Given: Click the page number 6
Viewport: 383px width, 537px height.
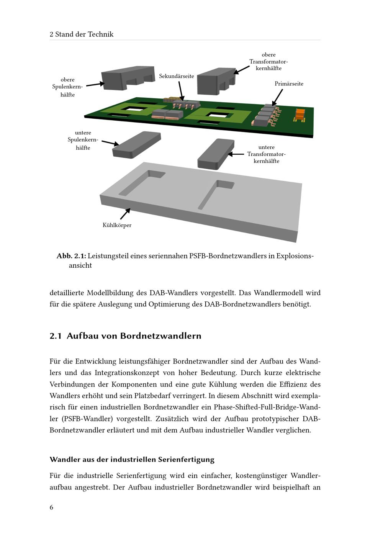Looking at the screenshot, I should [51, 507].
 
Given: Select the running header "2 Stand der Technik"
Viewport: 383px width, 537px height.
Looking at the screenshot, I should [82, 34].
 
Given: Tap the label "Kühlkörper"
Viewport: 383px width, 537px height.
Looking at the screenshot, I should [117, 225].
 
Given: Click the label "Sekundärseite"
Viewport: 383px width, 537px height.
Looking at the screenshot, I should [177, 76].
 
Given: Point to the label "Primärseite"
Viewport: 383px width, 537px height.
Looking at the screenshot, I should [289, 83].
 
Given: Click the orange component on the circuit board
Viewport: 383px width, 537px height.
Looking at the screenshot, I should [300, 114].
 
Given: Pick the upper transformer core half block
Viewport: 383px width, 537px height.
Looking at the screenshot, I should [216, 81].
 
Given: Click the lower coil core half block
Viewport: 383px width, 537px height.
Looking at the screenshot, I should [136, 144].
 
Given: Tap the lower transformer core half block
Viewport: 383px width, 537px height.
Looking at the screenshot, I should [215, 154].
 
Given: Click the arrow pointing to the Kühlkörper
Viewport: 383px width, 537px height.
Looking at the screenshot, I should [125, 214].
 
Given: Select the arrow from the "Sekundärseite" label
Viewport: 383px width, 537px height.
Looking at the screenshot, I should [181, 91].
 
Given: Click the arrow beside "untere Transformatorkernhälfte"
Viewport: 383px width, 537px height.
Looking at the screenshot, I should [236, 154].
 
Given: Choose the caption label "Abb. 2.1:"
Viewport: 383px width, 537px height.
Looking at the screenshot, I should [71, 256].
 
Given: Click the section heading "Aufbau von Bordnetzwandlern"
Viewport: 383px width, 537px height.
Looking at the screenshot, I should [134, 336].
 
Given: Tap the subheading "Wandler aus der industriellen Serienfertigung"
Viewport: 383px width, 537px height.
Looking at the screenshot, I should [132, 459].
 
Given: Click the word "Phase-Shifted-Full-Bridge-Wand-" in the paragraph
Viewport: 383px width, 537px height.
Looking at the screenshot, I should [267, 407].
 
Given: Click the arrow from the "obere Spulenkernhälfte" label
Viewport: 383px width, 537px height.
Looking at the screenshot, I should [95, 84].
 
